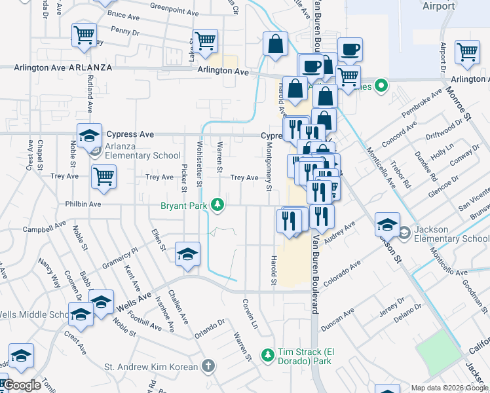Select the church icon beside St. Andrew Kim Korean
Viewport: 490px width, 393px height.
[x=208, y=365]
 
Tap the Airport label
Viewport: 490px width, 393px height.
[x=439, y=6]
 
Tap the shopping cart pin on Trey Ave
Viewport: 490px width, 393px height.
[x=104, y=176]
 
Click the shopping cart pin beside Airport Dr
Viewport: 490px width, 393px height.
[x=466, y=52]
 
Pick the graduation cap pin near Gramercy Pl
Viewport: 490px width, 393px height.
[x=187, y=253]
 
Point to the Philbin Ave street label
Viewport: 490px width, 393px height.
[x=83, y=204]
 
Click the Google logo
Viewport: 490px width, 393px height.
[x=22, y=386]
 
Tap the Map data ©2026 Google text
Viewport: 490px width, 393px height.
[x=449, y=388]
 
